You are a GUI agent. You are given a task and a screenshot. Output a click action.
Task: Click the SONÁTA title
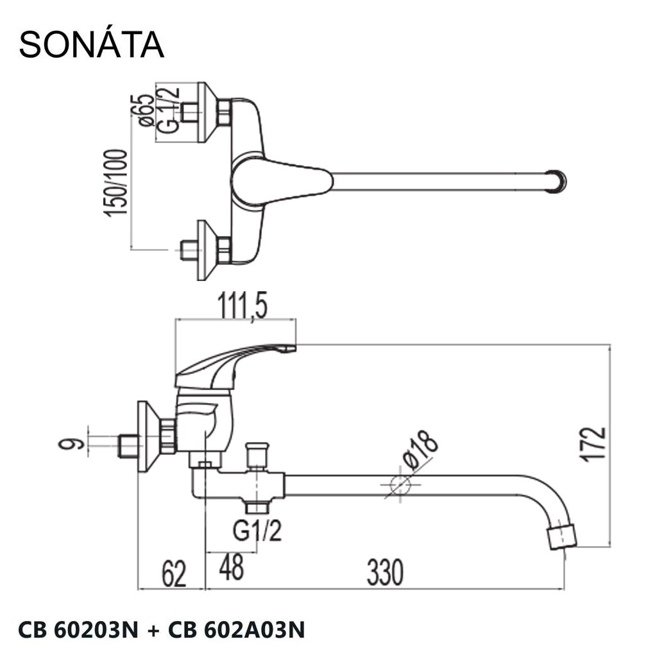91,44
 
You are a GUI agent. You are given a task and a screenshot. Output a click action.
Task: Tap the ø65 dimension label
143,110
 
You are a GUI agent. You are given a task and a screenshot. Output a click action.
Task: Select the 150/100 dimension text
115,183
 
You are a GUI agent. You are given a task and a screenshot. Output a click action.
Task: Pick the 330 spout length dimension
385,572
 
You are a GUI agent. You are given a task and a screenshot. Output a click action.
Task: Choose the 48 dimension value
231,567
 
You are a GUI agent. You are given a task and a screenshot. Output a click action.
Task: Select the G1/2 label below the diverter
257,531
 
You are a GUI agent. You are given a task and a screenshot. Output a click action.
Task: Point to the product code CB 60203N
78,629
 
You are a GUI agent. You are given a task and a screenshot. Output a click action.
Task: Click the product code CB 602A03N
237,629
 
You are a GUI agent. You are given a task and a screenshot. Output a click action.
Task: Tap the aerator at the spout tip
562,537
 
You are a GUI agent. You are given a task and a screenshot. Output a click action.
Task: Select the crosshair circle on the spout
400,485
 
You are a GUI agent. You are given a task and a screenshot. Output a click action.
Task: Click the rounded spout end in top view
556,182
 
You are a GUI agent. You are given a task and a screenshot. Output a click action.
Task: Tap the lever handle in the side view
235,365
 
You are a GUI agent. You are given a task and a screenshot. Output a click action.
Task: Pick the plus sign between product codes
153,630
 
